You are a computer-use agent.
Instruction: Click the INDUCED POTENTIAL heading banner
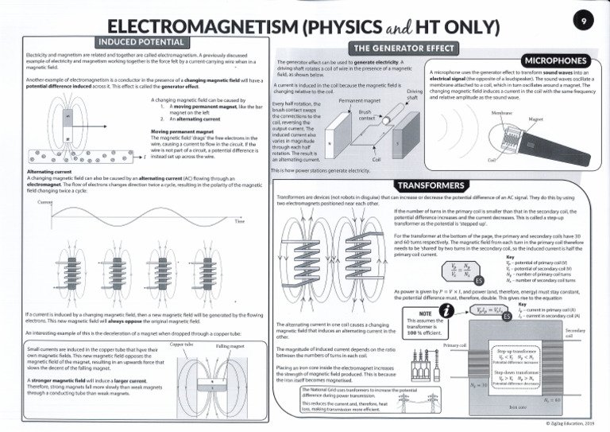(x=141, y=41)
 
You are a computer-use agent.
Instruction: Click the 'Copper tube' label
(x=183, y=344)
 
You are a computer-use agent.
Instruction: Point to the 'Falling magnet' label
(x=230, y=347)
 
